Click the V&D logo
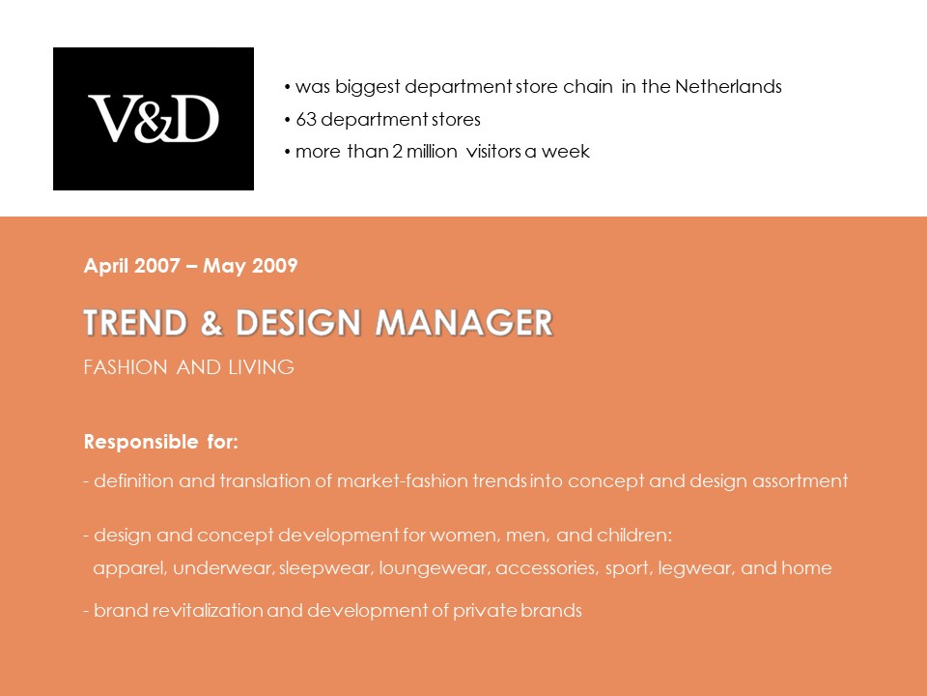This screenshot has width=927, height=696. pyautogui.click(x=154, y=118)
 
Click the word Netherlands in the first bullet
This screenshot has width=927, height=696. pyautogui.click(x=728, y=86)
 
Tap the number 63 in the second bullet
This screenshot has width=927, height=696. pyautogui.click(x=306, y=120)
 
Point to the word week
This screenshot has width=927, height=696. pyautogui.click(x=565, y=152)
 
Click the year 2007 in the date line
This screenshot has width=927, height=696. pyautogui.click(x=156, y=265)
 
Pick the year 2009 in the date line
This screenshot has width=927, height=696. pyautogui.click(x=274, y=265)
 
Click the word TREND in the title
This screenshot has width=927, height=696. pyautogui.click(x=135, y=323)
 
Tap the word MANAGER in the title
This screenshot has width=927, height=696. pyautogui.click(x=464, y=323)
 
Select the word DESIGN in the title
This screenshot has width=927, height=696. pyautogui.click(x=298, y=323)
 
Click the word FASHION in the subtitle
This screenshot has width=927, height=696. pyautogui.click(x=126, y=367)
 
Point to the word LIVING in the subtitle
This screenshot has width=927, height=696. pyautogui.click(x=262, y=367)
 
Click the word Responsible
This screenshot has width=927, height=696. pyautogui.click(x=141, y=442)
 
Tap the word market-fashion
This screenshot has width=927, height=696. pyautogui.click(x=402, y=480)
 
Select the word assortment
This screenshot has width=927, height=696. pyautogui.click(x=800, y=480)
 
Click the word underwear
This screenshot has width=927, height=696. pyautogui.click(x=222, y=568)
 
